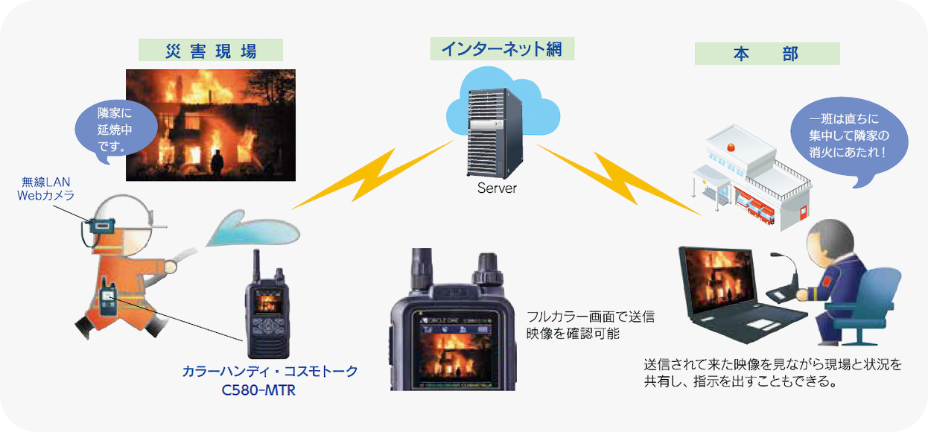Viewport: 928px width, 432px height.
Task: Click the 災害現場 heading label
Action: pyautogui.click(x=211, y=51)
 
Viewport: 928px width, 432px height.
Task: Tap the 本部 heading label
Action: pyautogui.click(x=766, y=54)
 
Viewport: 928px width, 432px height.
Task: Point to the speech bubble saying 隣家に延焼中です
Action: pyautogui.click(x=116, y=127)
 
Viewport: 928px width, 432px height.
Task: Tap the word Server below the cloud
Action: pyautogui.click(x=497, y=188)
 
